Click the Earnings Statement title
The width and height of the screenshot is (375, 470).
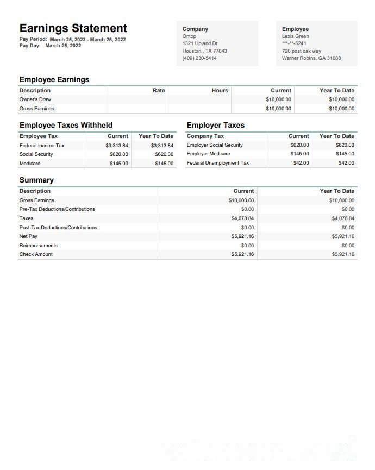pyautogui.click(x=73, y=28)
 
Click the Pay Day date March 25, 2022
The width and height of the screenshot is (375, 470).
pyautogui.click(x=63, y=46)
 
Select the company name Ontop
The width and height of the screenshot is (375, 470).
pyautogui.click(x=189, y=36)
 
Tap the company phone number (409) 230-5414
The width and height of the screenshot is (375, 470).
pyautogui.click(x=199, y=58)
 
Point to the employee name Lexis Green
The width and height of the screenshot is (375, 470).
pyautogui.click(x=296, y=36)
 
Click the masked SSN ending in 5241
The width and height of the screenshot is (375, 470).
pyautogui.click(x=294, y=43)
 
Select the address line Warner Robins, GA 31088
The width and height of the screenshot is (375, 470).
pyautogui.click(x=311, y=58)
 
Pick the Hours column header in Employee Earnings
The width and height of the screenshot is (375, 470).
pyautogui.click(x=220, y=91)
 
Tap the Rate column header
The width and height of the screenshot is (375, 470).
pyautogui.click(x=159, y=91)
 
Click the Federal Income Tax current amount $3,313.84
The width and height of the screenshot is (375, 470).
pyautogui.click(x=117, y=146)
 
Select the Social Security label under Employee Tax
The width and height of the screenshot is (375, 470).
pyautogui.click(x=36, y=154)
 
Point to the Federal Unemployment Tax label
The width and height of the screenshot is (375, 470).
pyautogui.click(x=218, y=163)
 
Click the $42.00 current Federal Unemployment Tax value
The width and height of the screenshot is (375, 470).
pyautogui.click(x=301, y=163)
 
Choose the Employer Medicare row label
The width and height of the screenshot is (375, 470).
pyautogui.click(x=208, y=154)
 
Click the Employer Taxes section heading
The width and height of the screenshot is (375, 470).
pyautogui.click(x=216, y=125)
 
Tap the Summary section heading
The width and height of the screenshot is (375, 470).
pyautogui.click(x=36, y=180)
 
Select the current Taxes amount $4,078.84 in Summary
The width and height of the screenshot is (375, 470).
pyautogui.click(x=242, y=218)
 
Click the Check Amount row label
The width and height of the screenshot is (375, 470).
pyautogui.click(x=36, y=254)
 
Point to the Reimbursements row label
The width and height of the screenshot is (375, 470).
pyautogui.click(x=38, y=246)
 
